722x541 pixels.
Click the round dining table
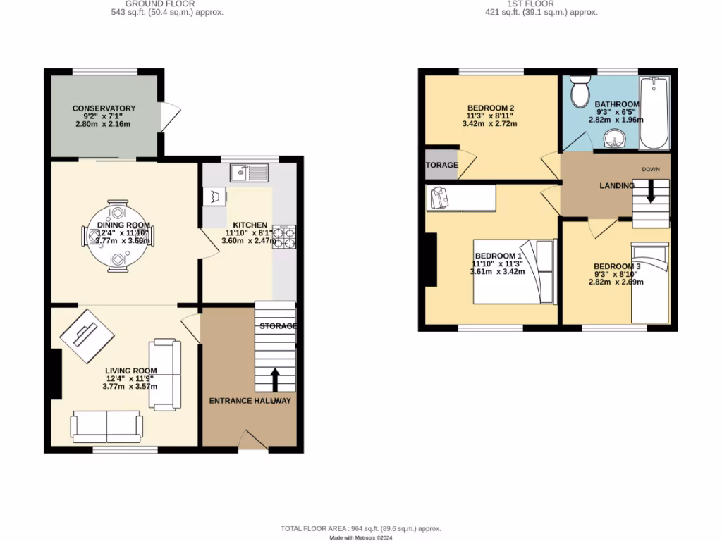click(118, 235)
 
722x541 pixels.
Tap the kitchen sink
click(251, 171)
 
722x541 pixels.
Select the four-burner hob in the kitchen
click(284, 237)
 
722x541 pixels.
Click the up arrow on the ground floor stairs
click(274, 379)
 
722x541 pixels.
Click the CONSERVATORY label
click(104, 108)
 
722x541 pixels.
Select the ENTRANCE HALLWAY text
click(250, 401)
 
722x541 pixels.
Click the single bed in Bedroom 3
click(649, 282)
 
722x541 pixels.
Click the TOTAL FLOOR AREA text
click(360, 528)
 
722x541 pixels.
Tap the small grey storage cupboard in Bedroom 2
click(441, 165)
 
